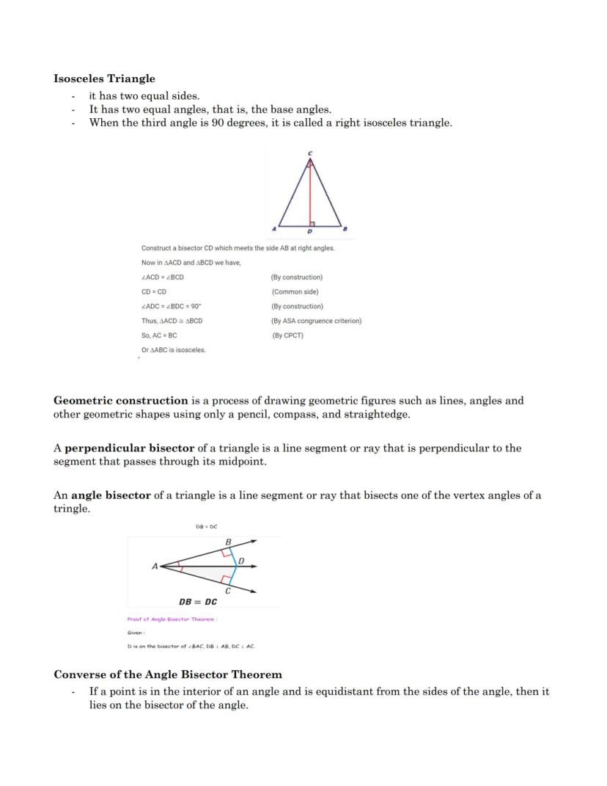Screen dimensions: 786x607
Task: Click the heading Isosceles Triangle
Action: click(104, 79)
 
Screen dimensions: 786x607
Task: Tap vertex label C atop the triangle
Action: click(309, 153)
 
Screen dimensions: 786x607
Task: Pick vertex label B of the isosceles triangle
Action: click(345, 230)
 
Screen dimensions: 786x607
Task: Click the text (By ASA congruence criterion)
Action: click(316, 321)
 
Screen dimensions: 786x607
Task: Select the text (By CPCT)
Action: click(287, 335)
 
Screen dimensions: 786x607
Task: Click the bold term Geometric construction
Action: click(121, 401)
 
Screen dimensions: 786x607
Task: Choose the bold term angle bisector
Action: click(111, 495)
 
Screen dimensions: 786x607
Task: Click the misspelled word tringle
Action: click(72, 509)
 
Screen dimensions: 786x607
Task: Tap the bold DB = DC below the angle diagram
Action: click(198, 602)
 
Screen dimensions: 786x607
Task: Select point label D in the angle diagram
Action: click(241, 562)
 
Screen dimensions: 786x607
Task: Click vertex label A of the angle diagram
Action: click(155, 567)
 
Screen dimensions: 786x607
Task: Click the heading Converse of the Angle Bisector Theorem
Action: click(168, 674)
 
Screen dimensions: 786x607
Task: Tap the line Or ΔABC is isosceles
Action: click(174, 350)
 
